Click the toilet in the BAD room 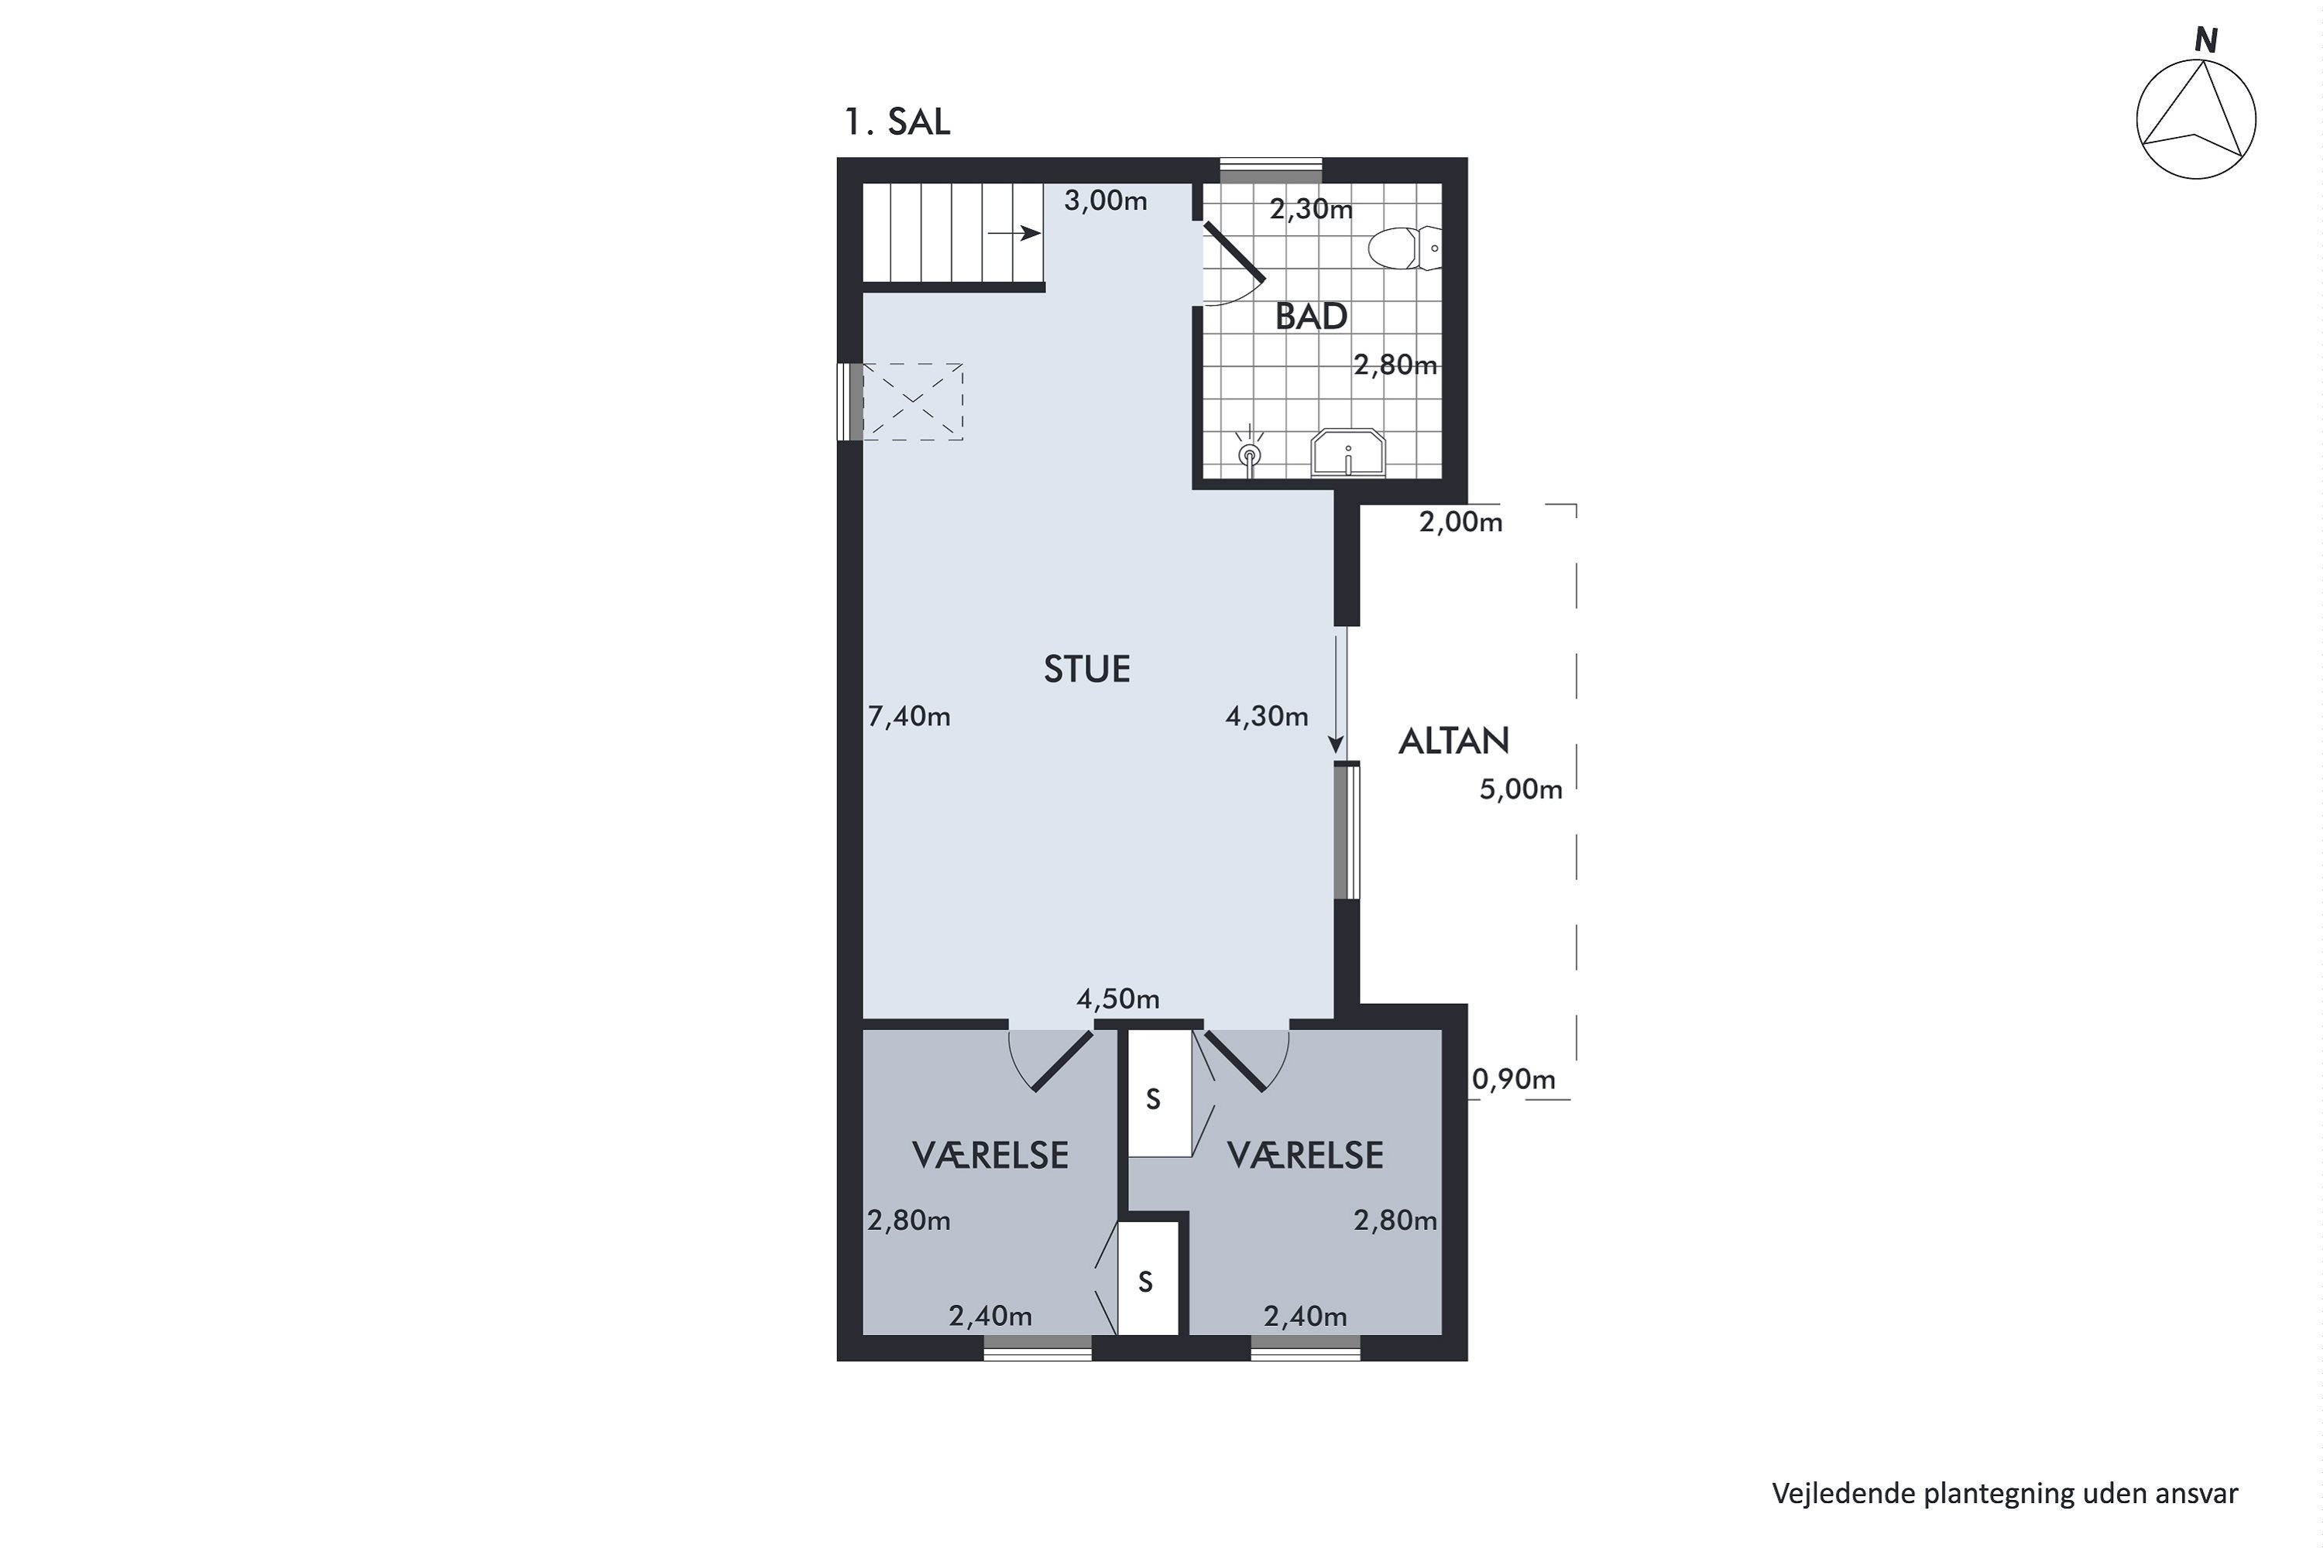1405,248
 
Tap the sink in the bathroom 1348,453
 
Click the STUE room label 1086,670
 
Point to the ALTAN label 1454,741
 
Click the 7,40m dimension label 908,717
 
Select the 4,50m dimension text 1118,999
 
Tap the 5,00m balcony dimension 1521,789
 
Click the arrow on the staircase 1014,233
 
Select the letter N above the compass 2205,40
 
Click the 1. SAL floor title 897,122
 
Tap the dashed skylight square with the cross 914,402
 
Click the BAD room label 1311,317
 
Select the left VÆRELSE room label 990,1155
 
